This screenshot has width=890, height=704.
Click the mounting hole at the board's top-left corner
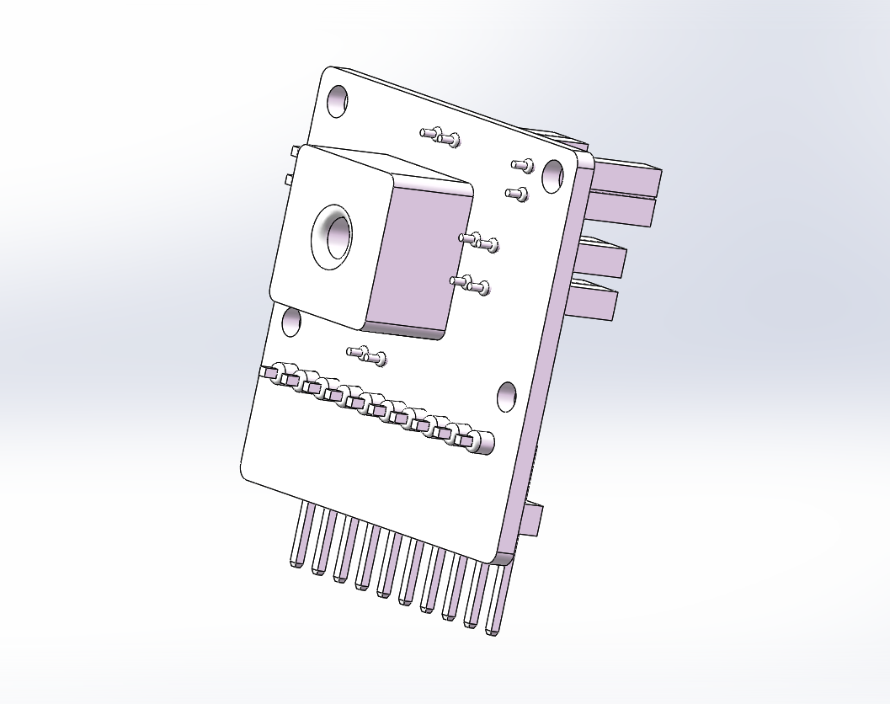338,99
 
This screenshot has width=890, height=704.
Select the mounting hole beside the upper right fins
552,175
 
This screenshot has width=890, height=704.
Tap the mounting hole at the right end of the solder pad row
507,396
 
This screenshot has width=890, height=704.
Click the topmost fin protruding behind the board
626,175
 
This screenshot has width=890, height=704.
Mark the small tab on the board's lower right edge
532,519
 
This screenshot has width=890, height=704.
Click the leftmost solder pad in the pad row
270,371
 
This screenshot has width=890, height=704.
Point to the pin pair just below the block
367,355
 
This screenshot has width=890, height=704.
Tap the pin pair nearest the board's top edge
440,136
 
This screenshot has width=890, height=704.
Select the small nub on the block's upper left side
295,152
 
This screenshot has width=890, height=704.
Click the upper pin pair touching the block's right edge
479,243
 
